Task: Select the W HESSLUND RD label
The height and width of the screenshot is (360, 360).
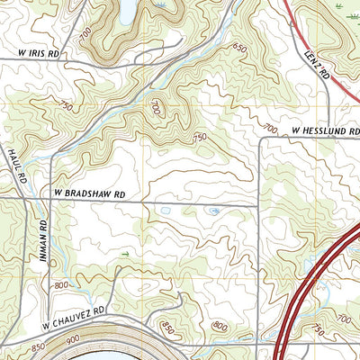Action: coord(325,131)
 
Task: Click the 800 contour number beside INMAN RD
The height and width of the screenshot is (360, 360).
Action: coord(60,285)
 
